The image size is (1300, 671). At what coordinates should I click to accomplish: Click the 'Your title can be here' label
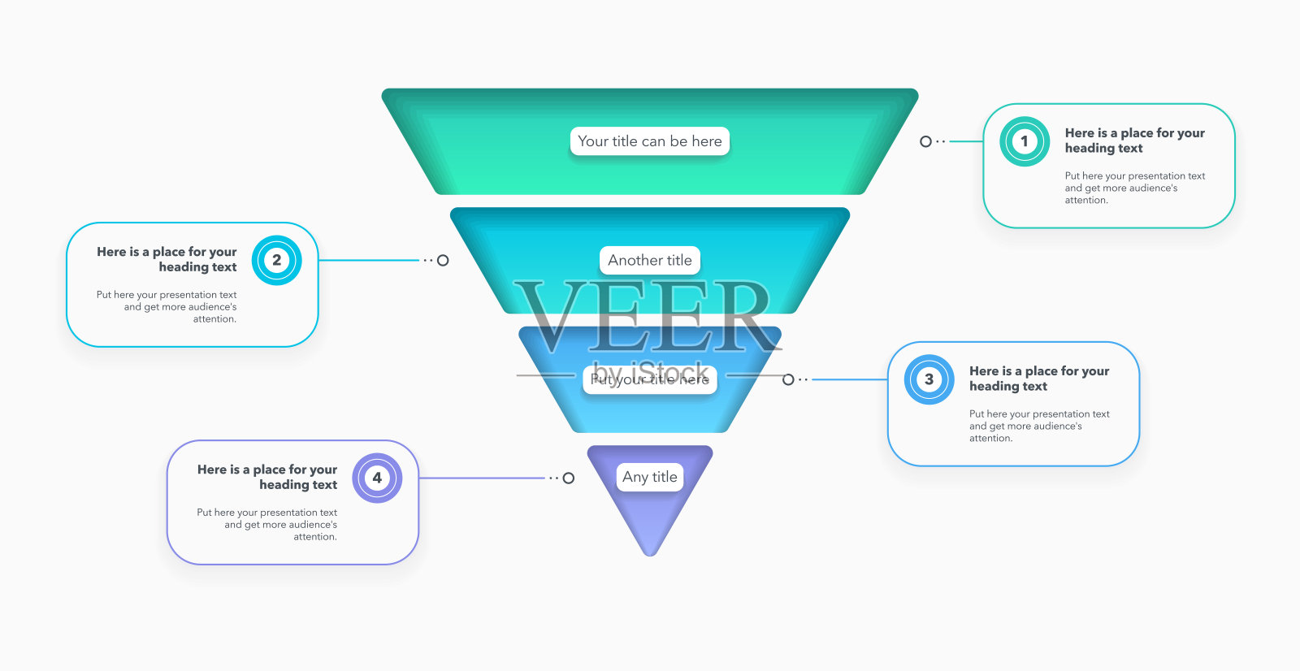(x=650, y=141)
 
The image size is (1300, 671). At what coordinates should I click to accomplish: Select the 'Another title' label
(x=650, y=261)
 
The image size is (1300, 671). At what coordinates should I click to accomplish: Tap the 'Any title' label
(x=650, y=477)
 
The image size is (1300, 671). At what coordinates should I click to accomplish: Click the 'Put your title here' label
(x=650, y=379)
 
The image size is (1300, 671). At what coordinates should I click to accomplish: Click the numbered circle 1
(x=1025, y=141)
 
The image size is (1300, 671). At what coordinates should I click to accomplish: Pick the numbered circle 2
(x=277, y=260)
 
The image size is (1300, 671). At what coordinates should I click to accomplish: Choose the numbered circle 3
(x=929, y=379)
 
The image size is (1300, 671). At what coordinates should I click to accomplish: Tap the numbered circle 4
(x=377, y=478)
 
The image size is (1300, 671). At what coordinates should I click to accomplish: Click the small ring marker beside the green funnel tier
(x=925, y=141)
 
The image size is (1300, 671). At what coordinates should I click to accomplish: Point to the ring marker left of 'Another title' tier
(x=443, y=261)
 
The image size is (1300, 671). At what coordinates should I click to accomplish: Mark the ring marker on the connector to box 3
(x=788, y=379)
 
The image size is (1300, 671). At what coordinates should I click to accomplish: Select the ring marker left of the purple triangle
(x=569, y=478)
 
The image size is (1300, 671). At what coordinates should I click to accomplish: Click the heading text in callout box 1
(x=1134, y=141)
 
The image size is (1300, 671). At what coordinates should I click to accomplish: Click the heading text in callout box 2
(x=167, y=259)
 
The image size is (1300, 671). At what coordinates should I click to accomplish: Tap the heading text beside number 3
(x=1038, y=379)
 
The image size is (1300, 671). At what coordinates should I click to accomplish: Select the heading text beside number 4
(x=267, y=477)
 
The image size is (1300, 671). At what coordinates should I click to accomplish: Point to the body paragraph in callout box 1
(x=1134, y=188)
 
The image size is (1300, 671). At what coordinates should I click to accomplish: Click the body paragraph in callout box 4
(x=267, y=525)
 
